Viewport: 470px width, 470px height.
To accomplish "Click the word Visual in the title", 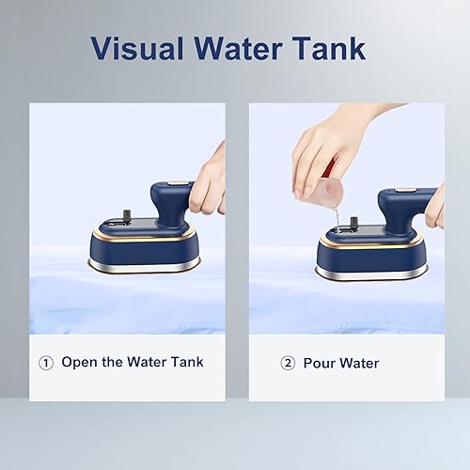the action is [137, 48].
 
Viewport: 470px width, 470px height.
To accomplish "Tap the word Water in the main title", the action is [238, 48].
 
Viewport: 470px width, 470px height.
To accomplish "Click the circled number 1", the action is [46, 363].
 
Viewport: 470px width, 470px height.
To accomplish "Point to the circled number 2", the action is [288, 364].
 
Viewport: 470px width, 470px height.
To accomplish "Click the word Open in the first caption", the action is [79, 363].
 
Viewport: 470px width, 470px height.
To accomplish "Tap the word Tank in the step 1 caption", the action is [187, 362].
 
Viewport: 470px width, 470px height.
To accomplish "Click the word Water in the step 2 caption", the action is [359, 363].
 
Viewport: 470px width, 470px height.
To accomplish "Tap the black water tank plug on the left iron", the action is [127, 216].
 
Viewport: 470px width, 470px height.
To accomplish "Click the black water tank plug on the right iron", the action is [354, 223].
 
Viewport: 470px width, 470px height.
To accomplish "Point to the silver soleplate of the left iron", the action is [145, 266].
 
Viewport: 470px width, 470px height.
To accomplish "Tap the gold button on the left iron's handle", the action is [178, 182].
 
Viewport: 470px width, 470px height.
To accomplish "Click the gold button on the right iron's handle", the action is [405, 189].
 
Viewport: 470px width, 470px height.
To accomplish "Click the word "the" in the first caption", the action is [112, 362].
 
